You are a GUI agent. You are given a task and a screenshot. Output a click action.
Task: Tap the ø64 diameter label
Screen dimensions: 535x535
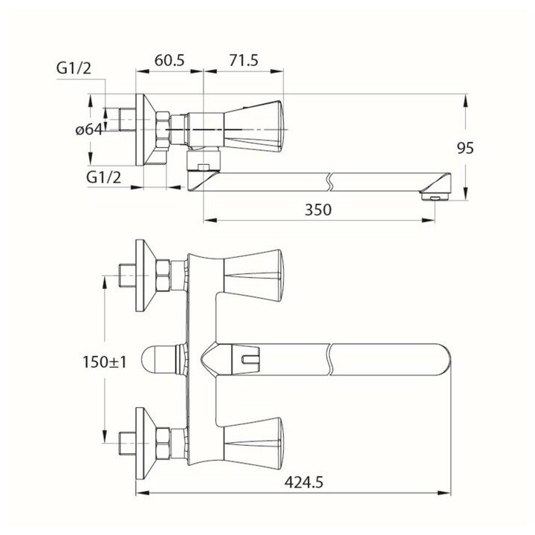pyautogui.click(x=88, y=130)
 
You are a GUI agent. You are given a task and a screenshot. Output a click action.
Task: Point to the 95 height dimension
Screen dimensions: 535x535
pyautogui.click(x=465, y=148)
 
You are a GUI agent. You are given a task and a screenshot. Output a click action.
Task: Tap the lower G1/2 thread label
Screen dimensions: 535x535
pyautogui.click(x=103, y=178)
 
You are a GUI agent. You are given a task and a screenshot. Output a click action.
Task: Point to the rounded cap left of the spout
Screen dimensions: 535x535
pyautogui.click(x=158, y=362)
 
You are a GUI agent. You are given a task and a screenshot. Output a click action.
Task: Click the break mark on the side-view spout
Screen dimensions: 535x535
pyautogui.click(x=329, y=179)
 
